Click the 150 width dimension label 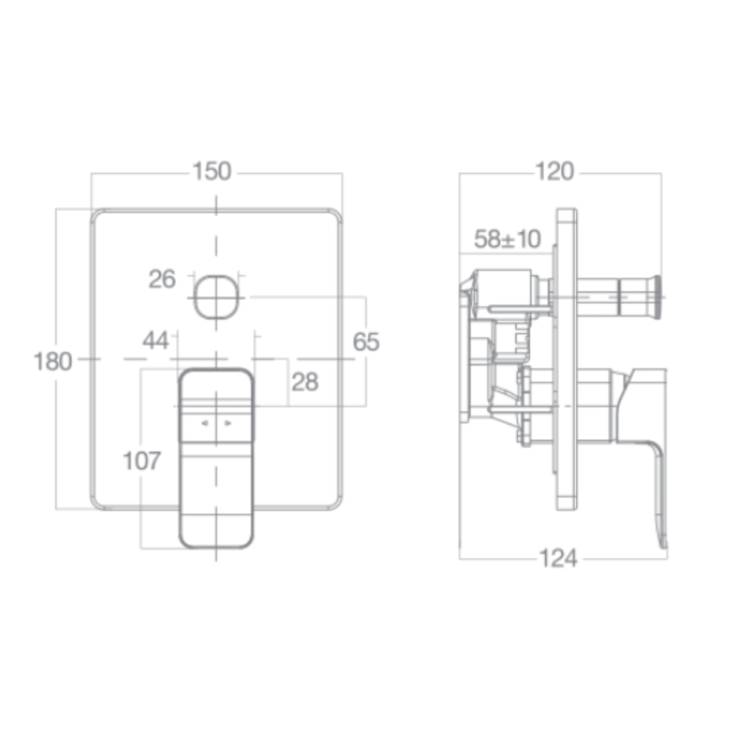coord(212,171)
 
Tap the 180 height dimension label coord(53,361)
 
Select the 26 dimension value coord(162,280)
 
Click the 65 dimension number coord(365,342)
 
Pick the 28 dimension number coord(304,381)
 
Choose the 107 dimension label coord(141,461)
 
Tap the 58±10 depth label coord(508,239)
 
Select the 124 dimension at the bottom coord(557,559)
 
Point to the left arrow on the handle coord(205,424)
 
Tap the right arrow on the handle coord(228,424)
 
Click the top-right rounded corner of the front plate coord(335,216)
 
